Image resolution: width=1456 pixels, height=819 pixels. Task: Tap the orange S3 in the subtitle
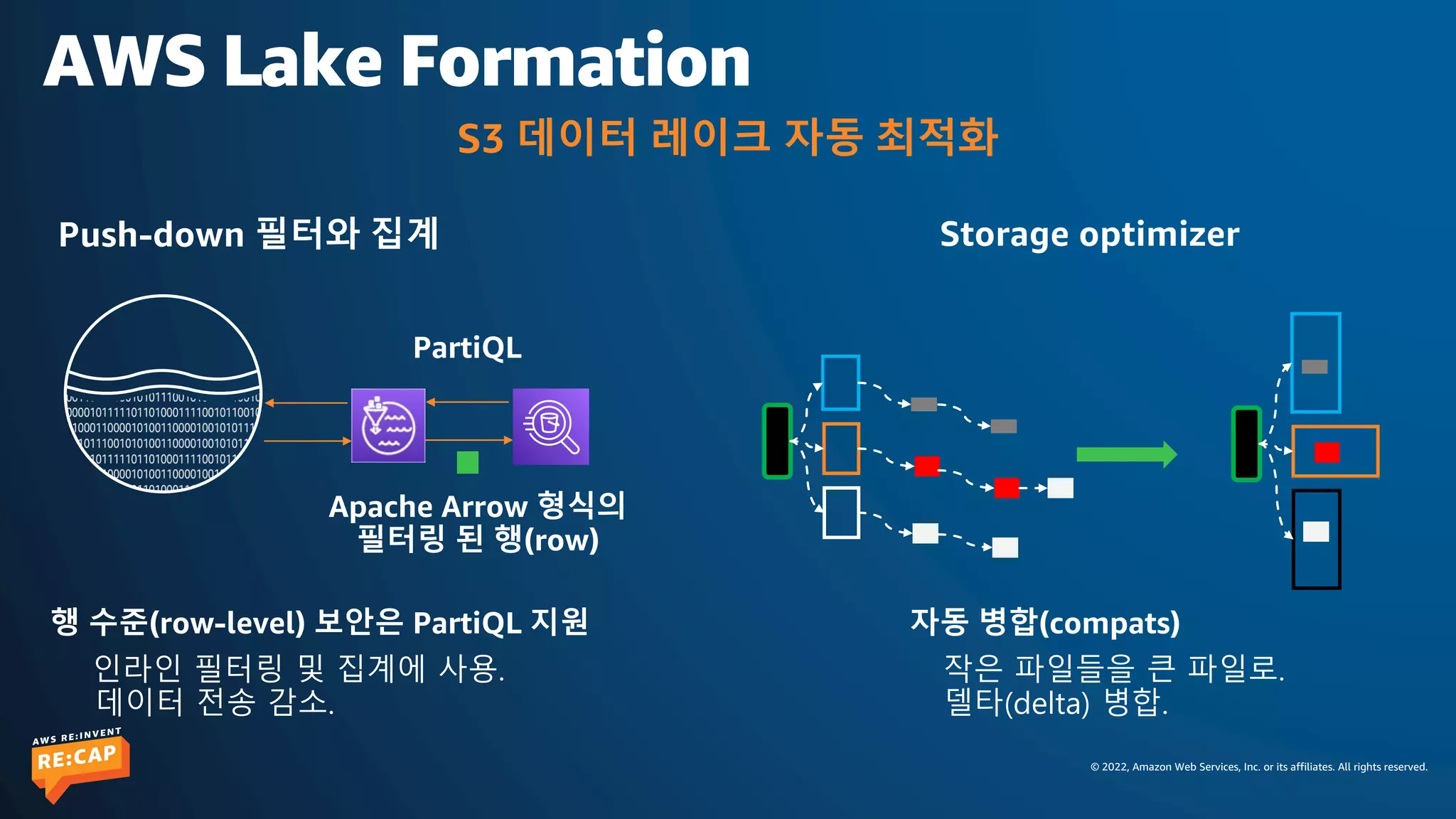(480, 139)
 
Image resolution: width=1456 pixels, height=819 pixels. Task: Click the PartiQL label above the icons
(467, 348)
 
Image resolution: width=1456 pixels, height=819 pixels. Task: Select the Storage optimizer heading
(1089, 235)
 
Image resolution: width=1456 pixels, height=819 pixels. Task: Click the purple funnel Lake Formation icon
(388, 426)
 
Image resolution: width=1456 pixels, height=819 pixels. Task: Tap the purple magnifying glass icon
(551, 427)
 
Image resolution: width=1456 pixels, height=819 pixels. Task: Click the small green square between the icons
(467, 462)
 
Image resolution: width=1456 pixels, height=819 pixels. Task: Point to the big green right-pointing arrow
(1126, 454)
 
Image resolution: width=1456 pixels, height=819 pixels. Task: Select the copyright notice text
(1258, 766)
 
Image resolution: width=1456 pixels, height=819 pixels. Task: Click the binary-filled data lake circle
(164, 394)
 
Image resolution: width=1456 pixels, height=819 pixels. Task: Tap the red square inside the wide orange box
(1327, 452)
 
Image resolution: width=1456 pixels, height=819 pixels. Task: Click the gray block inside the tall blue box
(1315, 367)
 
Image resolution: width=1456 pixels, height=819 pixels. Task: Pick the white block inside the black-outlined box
(1316, 532)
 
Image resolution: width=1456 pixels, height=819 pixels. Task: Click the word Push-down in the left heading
(151, 235)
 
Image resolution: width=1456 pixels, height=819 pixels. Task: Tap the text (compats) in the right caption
(1109, 623)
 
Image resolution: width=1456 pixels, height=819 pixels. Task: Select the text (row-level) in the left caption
(227, 623)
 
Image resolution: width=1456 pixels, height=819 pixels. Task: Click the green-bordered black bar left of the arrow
(777, 441)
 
